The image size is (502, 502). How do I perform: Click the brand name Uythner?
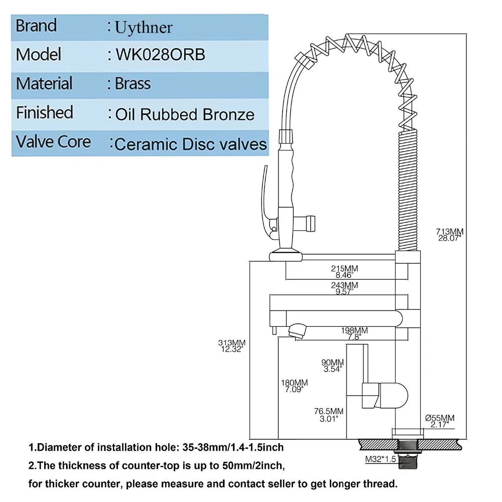point(144,27)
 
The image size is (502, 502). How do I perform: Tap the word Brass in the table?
point(133,83)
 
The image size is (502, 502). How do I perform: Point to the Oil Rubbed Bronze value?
point(185,114)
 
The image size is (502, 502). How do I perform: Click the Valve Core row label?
point(53,142)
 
